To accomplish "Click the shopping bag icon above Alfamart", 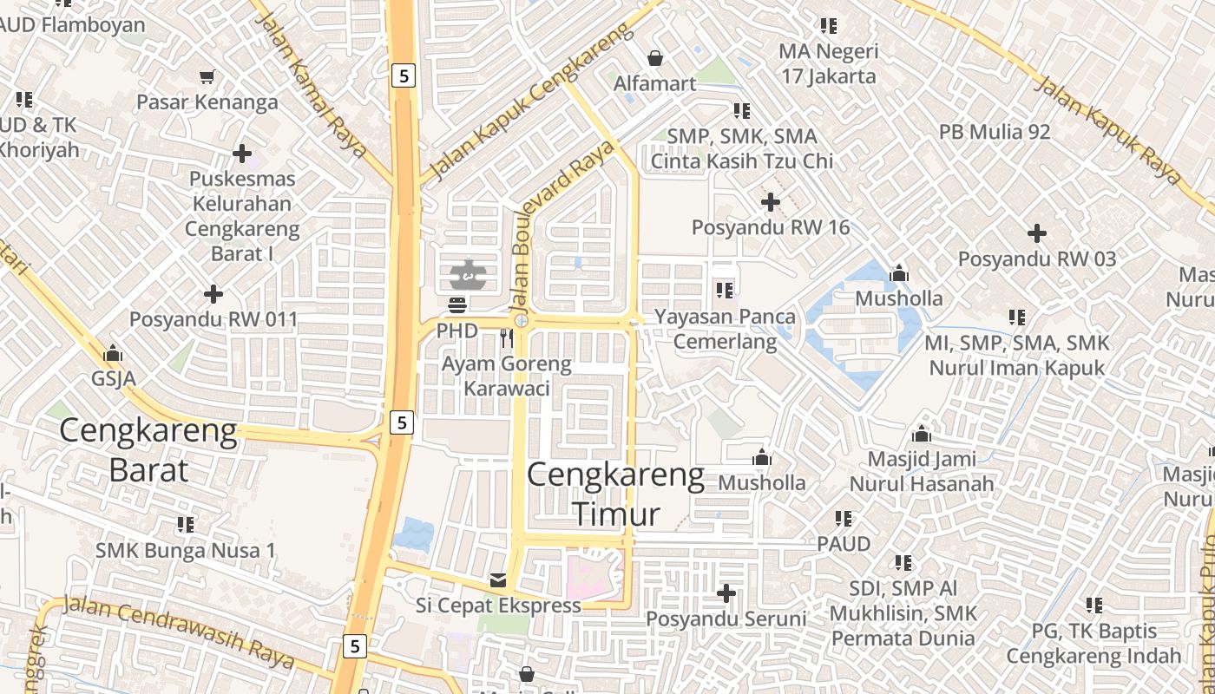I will [655, 58].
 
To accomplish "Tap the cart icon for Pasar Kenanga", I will [207, 77].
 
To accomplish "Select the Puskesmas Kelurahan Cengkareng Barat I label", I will [242, 216].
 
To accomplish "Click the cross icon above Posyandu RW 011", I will [213, 294].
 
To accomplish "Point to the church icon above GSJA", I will [113, 354].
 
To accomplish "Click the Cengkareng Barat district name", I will [148, 450].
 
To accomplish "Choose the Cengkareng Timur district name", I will [615, 494].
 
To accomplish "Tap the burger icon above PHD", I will [457, 305].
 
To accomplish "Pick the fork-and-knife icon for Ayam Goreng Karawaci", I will [507, 338].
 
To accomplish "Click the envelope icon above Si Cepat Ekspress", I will [498, 580].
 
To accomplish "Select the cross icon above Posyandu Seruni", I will [726, 594].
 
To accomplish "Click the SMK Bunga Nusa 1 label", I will [186, 550].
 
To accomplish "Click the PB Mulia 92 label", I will [995, 132].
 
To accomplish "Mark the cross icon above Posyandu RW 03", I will [1037, 233].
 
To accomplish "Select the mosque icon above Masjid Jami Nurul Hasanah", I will [922, 434].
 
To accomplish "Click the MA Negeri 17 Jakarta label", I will [828, 63].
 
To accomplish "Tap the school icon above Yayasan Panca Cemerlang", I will [725, 290].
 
